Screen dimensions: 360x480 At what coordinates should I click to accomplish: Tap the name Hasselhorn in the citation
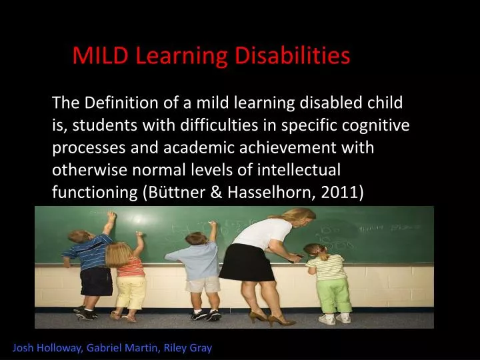(267, 192)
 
